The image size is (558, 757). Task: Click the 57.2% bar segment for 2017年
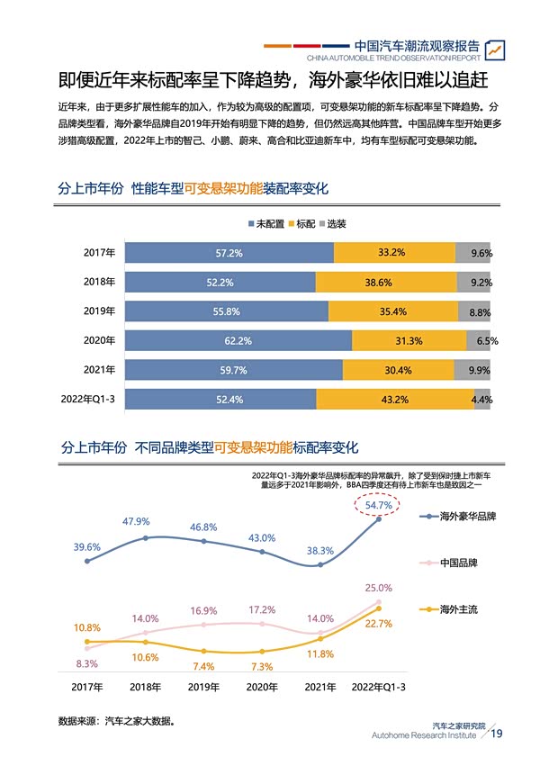pos(229,253)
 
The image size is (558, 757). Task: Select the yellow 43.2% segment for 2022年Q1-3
pos(395,400)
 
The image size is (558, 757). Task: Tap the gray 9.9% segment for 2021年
pos(479,370)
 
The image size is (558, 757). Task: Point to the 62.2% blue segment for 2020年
pos(238,341)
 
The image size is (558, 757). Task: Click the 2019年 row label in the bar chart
pos(99,311)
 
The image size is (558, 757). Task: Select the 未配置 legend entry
pos(265,224)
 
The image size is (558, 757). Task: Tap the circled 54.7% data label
pos(378,506)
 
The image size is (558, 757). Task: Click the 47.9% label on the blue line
pos(136,522)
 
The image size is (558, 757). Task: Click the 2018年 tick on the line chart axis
pos(145,687)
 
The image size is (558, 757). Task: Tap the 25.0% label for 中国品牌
pos(378,588)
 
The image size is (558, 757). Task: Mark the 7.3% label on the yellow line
pos(262,667)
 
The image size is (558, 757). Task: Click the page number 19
pos(497,734)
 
